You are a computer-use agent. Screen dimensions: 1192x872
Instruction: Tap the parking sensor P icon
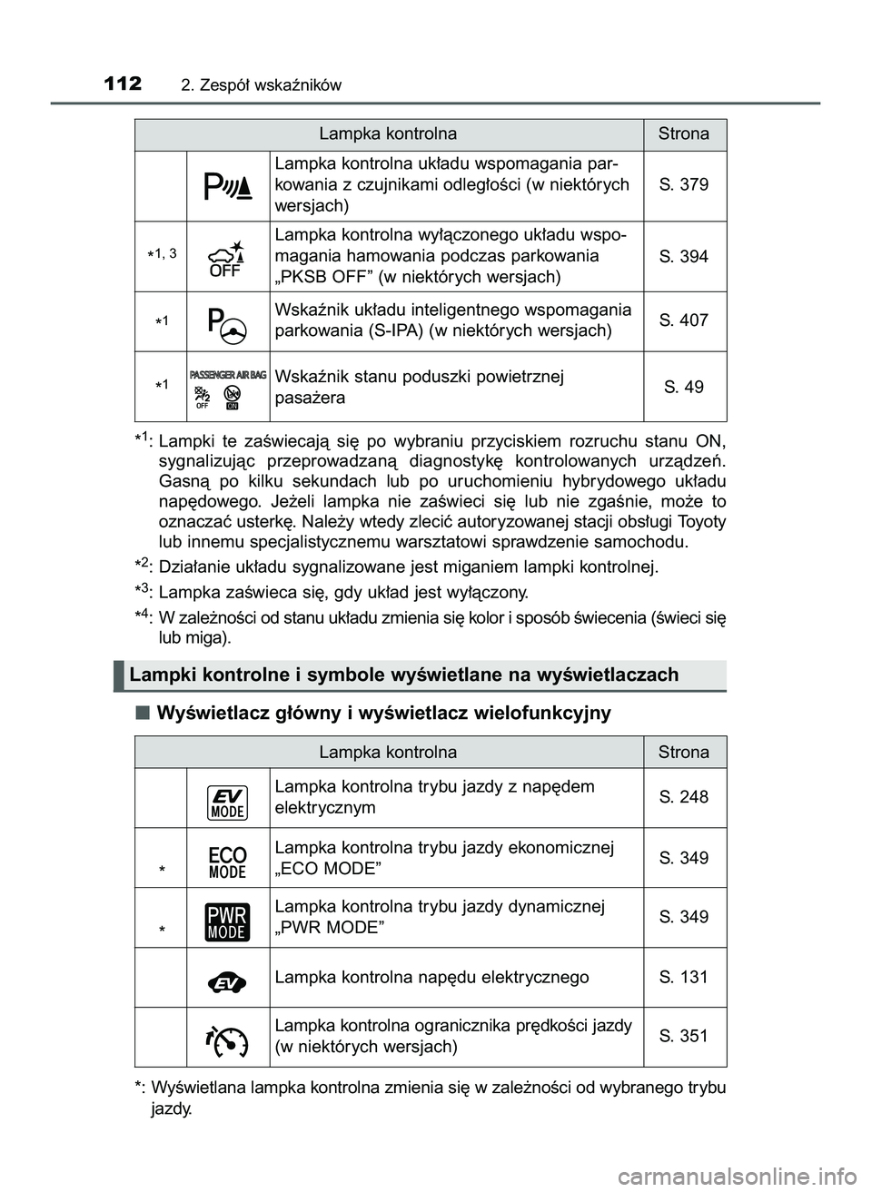click(227, 185)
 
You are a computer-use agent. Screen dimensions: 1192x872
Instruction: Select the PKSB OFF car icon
click(227, 257)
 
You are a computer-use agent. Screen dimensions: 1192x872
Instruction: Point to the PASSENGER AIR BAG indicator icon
click(227, 388)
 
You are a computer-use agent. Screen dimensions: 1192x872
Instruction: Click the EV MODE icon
click(227, 799)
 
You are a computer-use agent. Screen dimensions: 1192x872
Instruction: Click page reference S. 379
click(683, 184)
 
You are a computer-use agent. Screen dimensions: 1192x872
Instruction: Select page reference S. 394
click(683, 257)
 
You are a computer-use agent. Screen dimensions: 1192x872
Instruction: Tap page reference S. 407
click(683, 320)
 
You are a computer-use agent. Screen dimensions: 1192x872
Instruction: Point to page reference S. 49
click(683, 387)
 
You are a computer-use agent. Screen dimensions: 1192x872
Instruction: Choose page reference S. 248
click(683, 797)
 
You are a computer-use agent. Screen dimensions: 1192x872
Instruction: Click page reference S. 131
click(683, 978)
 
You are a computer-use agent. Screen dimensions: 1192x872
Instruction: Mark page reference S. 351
click(683, 1037)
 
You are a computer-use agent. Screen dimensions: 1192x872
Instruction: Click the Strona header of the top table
click(683, 133)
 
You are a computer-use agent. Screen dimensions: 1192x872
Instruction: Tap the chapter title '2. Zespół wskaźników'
click(261, 86)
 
